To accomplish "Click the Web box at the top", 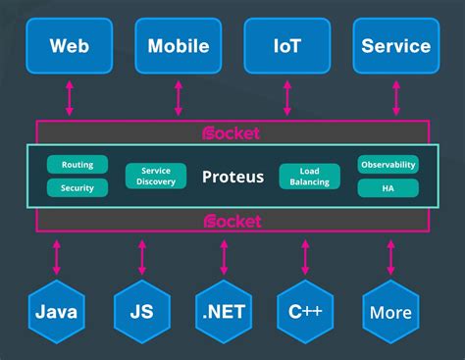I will (x=69, y=45).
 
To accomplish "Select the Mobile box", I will (x=178, y=45).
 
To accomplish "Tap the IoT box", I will (x=286, y=45).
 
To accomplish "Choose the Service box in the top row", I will (x=395, y=45).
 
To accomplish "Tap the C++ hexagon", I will (x=307, y=314).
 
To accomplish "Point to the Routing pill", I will (x=77, y=165).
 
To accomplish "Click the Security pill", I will (x=77, y=186).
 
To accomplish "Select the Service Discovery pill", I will (x=156, y=176).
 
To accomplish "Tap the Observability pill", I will (x=387, y=165).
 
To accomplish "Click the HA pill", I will (x=387, y=186).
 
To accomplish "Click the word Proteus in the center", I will (x=232, y=177).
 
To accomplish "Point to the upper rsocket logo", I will (x=232, y=132).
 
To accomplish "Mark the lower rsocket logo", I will (x=232, y=221).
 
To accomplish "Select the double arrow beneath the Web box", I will (x=69, y=98).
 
